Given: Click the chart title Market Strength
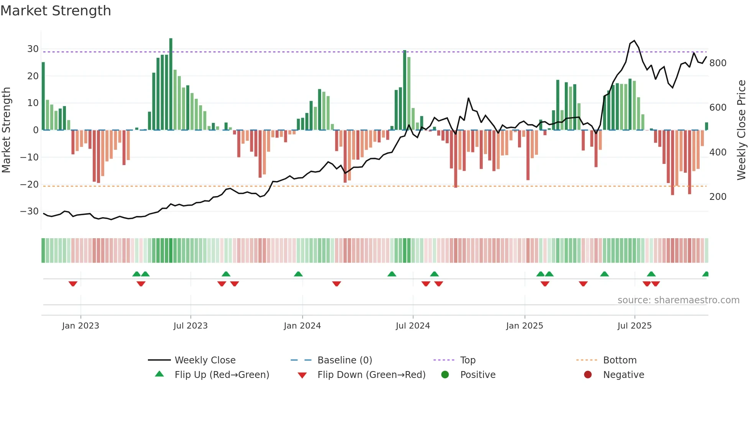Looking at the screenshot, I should click(x=56, y=11).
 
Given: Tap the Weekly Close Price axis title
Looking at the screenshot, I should click(x=741, y=130).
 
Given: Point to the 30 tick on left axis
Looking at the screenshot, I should click(x=33, y=49).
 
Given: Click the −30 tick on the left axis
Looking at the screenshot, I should click(x=30, y=211).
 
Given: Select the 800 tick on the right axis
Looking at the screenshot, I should click(x=718, y=63).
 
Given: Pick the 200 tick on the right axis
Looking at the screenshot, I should click(x=718, y=197).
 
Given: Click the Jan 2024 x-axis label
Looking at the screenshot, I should click(x=302, y=326).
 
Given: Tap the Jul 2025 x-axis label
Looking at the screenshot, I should click(x=635, y=326).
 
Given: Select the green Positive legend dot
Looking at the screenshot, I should click(x=445, y=375).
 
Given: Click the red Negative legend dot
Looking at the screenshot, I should click(x=588, y=375).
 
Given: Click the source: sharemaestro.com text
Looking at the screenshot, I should click(x=678, y=300).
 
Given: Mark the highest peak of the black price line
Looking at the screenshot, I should click(x=635, y=41).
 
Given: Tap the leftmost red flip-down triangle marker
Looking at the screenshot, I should click(x=73, y=284).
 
